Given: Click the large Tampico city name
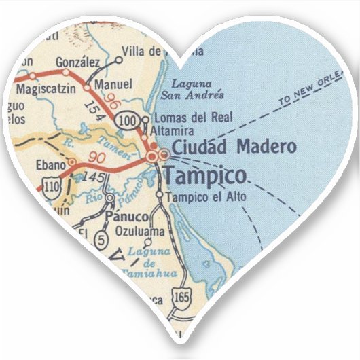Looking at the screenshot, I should point(204,176).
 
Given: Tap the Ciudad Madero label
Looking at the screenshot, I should point(234,146).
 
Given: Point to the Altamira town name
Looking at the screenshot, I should point(175,129).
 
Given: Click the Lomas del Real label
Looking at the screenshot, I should point(185,117).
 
